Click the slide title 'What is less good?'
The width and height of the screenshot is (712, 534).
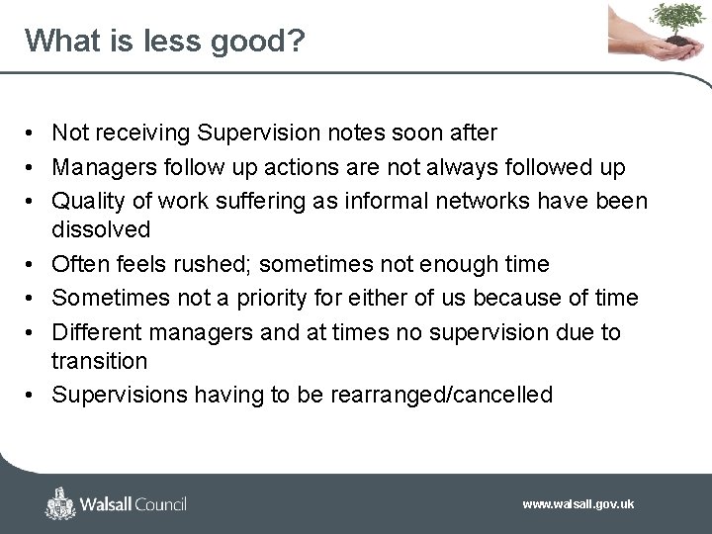point(165,41)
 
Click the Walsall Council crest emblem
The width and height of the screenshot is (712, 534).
point(61,503)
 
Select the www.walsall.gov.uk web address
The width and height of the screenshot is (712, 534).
point(578,504)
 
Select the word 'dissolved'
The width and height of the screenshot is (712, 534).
point(101,230)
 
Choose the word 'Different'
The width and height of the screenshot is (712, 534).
point(96,332)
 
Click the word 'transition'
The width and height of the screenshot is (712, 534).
point(99,361)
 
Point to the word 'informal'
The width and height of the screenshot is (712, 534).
point(384,202)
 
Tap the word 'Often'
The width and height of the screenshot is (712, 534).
point(79,264)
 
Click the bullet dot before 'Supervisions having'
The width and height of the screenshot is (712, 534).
point(33,396)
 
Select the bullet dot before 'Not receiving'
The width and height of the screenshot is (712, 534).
point(33,133)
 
